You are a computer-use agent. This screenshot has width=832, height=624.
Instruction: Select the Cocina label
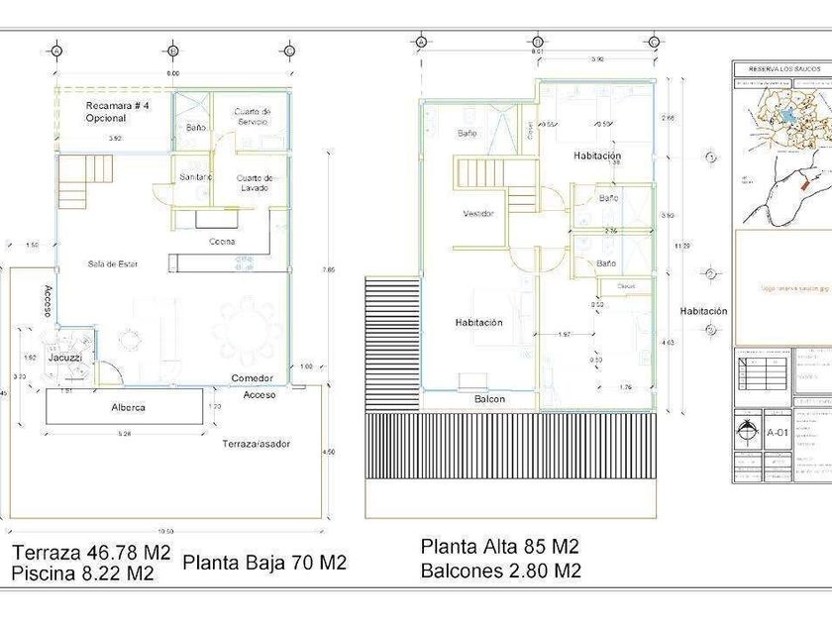coord(222,241)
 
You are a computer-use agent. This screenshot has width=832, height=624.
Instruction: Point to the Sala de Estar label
coord(112,263)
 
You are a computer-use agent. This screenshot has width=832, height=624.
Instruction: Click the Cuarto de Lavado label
coord(255,182)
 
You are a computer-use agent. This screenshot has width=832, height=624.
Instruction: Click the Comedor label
coord(253,378)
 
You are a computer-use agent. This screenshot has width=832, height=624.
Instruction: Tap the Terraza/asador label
coord(256,444)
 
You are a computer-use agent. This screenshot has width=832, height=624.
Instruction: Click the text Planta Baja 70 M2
coord(264,563)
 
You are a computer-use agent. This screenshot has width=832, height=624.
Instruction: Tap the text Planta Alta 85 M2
coord(499,547)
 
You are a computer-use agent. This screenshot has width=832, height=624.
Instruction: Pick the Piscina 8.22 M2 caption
coord(83,573)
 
